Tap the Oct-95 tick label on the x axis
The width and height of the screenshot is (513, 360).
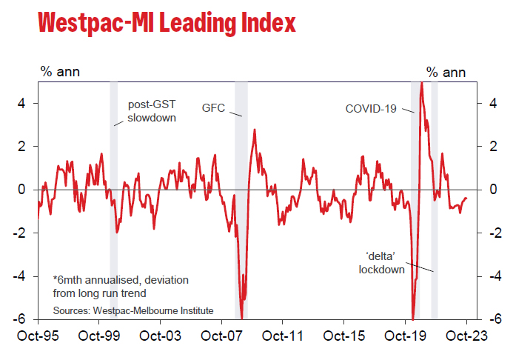39,335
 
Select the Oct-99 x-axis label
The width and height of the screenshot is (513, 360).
100,335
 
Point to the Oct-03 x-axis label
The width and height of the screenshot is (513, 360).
161,335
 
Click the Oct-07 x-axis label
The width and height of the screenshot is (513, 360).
222,335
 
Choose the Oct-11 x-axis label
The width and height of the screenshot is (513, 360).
284,335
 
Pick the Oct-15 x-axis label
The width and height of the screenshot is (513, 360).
344,335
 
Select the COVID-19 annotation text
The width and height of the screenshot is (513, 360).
370,109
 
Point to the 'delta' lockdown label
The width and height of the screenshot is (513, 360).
381,263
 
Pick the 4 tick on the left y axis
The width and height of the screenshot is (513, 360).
24,104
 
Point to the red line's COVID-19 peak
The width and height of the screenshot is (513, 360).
421,83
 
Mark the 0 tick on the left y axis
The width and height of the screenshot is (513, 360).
24,190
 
